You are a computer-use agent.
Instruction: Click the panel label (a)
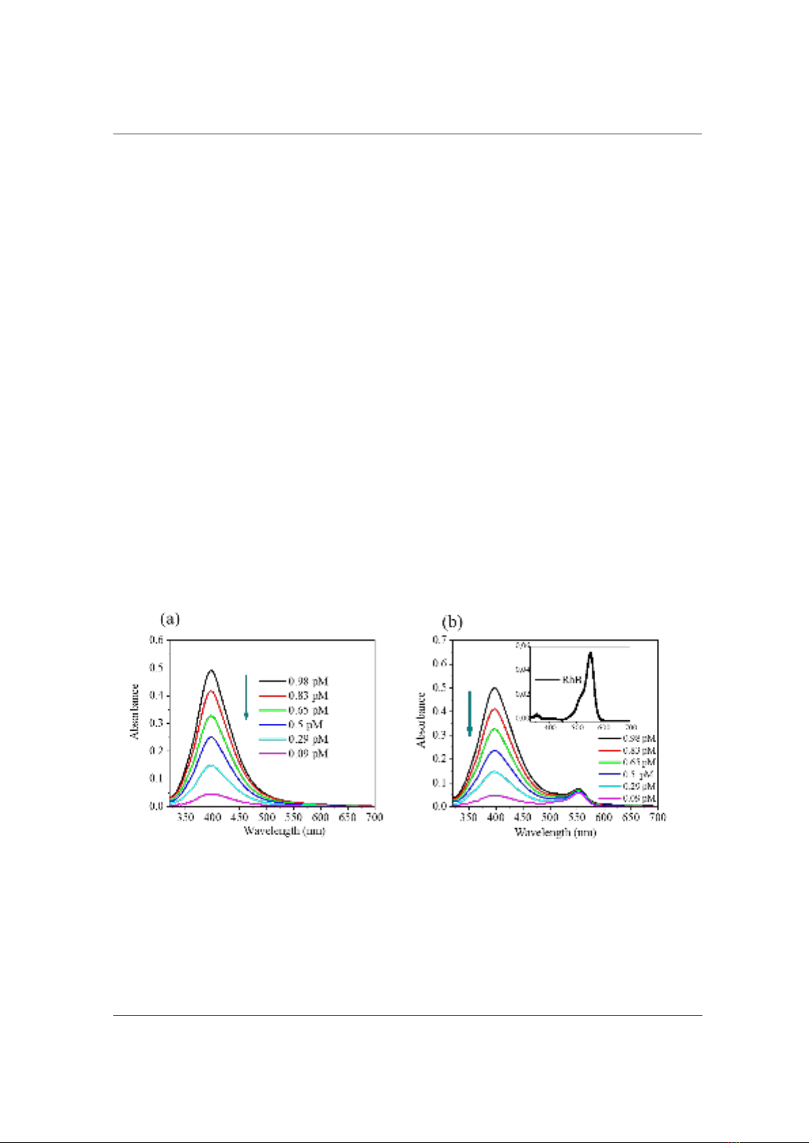(x=170, y=619)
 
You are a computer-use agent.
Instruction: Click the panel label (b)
(x=453, y=621)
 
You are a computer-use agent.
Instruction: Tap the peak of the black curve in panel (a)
(x=212, y=670)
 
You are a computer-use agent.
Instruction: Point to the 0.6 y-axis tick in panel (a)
(x=157, y=640)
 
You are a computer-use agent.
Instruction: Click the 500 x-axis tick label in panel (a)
(x=266, y=817)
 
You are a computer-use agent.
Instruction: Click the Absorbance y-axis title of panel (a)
(x=135, y=711)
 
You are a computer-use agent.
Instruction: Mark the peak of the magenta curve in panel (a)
(x=212, y=794)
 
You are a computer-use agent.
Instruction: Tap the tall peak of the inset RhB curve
(x=590, y=653)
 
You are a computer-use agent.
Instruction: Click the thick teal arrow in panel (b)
(x=469, y=714)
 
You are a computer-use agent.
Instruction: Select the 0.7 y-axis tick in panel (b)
(x=440, y=640)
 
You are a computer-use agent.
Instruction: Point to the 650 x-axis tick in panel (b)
(x=631, y=817)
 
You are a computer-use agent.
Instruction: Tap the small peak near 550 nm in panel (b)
(x=578, y=790)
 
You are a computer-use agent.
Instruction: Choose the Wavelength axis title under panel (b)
(x=555, y=832)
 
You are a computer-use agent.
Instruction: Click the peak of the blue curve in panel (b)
(x=495, y=750)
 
